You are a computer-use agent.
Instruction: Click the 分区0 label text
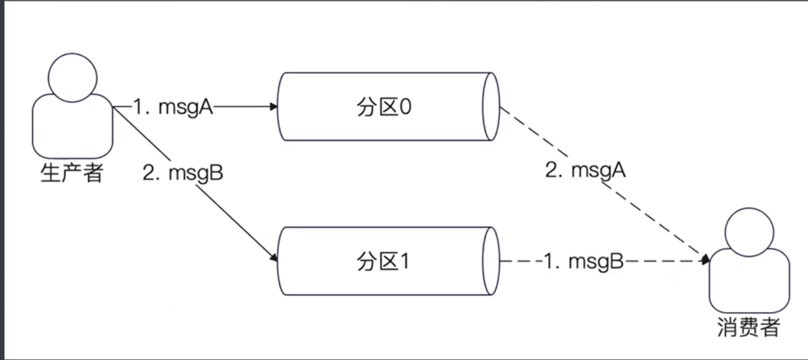click(384, 107)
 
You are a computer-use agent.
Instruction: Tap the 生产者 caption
click(72, 173)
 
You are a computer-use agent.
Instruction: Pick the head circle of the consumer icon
click(748, 230)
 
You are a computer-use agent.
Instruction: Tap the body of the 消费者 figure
click(748, 282)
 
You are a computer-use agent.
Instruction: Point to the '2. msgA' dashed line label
click(585, 170)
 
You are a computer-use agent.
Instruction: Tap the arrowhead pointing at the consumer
click(706, 259)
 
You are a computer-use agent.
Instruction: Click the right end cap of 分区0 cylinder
click(491, 107)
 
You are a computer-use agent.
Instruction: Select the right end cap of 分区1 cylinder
click(491, 261)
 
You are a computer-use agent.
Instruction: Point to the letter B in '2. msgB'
click(216, 173)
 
